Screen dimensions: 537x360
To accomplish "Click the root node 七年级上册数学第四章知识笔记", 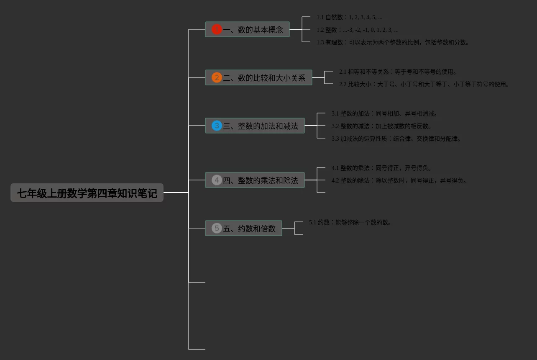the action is click(x=87, y=193).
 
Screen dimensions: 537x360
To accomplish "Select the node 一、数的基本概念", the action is click(x=253, y=30).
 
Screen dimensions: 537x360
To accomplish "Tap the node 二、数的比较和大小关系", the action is click(x=264, y=78).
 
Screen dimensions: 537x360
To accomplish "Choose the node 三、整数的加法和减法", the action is click(x=260, y=126).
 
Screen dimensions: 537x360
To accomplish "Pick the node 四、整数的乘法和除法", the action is click(x=260, y=180).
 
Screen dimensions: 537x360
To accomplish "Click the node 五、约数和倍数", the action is click(x=249, y=229).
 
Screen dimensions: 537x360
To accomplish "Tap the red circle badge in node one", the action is click(x=217, y=29).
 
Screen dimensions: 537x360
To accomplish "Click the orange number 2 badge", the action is click(x=217, y=77).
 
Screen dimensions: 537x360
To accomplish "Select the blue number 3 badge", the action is click(x=217, y=126).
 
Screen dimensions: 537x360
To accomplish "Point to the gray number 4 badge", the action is click(x=217, y=180).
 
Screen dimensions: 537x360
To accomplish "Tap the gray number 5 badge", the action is click(x=217, y=228).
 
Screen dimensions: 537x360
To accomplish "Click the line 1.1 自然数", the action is click(x=349, y=18).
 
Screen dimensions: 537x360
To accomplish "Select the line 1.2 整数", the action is click(x=357, y=30).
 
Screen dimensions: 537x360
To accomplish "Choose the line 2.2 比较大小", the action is click(x=424, y=85).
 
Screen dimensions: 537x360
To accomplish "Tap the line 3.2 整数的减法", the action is click(x=382, y=126).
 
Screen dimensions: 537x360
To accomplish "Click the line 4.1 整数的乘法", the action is click(x=382, y=168).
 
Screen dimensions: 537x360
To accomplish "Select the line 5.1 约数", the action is click(x=350, y=223).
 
